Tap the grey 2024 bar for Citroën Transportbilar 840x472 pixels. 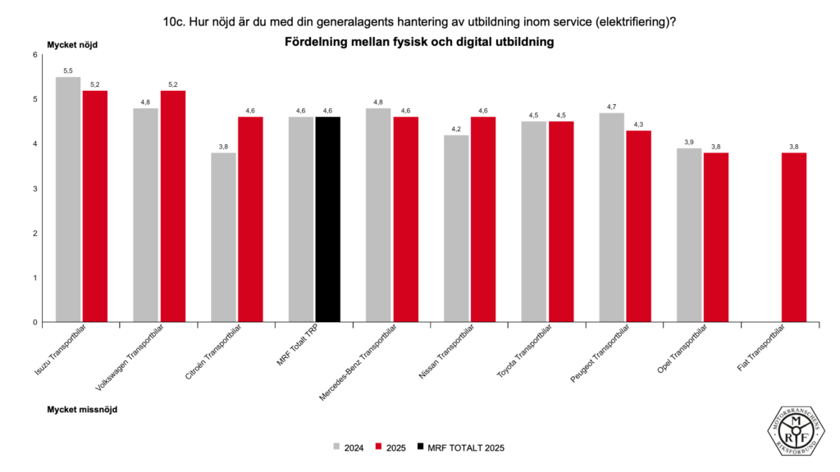[223, 237]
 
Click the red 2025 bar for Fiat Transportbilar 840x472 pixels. [794, 237]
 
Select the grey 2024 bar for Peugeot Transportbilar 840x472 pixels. [611, 217]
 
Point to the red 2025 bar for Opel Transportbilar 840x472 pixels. [716, 237]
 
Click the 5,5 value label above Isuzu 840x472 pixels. [68, 71]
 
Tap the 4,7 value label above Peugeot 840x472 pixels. [611, 107]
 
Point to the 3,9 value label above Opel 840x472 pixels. [689, 143]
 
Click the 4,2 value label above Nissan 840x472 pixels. [456, 129]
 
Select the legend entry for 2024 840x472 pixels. [348, 447]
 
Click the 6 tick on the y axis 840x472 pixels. [35, 55]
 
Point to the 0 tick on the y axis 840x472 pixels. [35, 322]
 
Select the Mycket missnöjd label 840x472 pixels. [82, 408]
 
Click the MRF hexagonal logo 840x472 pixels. [795, 427]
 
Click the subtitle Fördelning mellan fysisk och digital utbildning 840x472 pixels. [420, 42]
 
